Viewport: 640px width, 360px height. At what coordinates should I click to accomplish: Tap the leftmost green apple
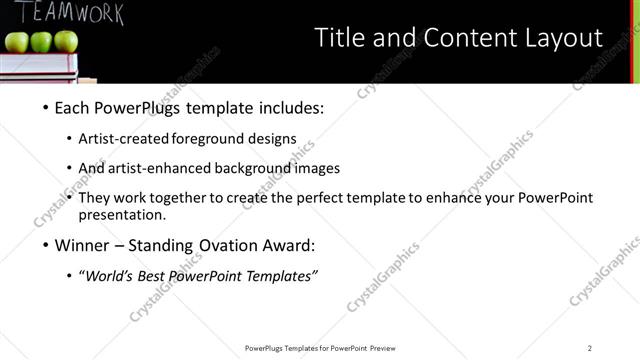(18, 42)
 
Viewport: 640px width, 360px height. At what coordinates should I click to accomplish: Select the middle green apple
(41, 42)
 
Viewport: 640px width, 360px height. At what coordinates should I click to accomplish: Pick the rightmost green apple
(65, 41)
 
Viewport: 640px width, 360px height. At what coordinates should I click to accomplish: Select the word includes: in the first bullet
(286, 108)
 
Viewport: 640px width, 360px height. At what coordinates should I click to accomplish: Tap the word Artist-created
(123, 139)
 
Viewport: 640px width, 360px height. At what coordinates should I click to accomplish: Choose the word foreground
(206, 139)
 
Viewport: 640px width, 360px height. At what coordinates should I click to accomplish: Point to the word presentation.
(122, 214)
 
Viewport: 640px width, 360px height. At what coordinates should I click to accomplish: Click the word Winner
(80, 245)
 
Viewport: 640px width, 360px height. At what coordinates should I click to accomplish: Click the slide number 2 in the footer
(590, 348)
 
